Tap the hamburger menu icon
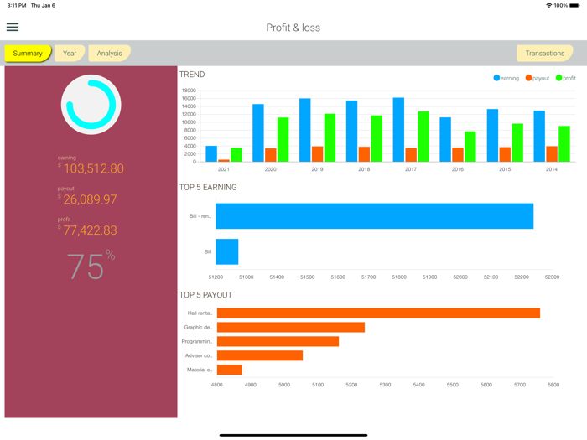point(13,28)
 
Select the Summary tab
point(28,54)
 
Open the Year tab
point(70,54)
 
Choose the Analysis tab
point(109,54)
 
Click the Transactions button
point(544,54)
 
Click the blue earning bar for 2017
point(398,130)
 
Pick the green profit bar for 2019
point(330,137)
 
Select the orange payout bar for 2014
point(552,154)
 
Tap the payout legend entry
point(538,78)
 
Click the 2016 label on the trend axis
point(457,169)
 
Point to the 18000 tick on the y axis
point(189,91)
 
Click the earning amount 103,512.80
point(93,169)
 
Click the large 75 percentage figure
point(86,267)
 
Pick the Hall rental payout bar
point(378,313)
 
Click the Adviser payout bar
point(260,356)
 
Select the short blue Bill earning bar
point(227,251)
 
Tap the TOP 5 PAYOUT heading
point(205,295)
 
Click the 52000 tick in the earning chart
point(460,277)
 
